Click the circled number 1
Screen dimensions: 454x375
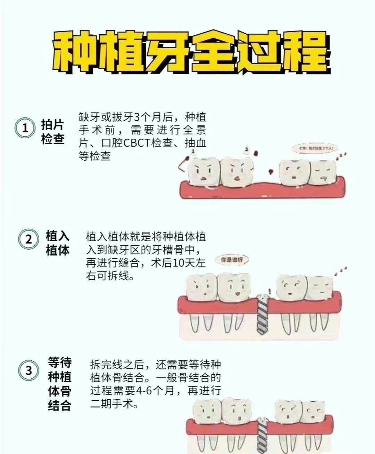point(25,128)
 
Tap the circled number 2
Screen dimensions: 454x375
point(28,239)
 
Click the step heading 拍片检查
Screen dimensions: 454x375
point(53,132)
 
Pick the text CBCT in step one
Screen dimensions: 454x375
point(139,143)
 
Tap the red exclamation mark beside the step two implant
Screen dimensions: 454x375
point(269,291)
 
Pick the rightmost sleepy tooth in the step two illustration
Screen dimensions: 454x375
point(319,287)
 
